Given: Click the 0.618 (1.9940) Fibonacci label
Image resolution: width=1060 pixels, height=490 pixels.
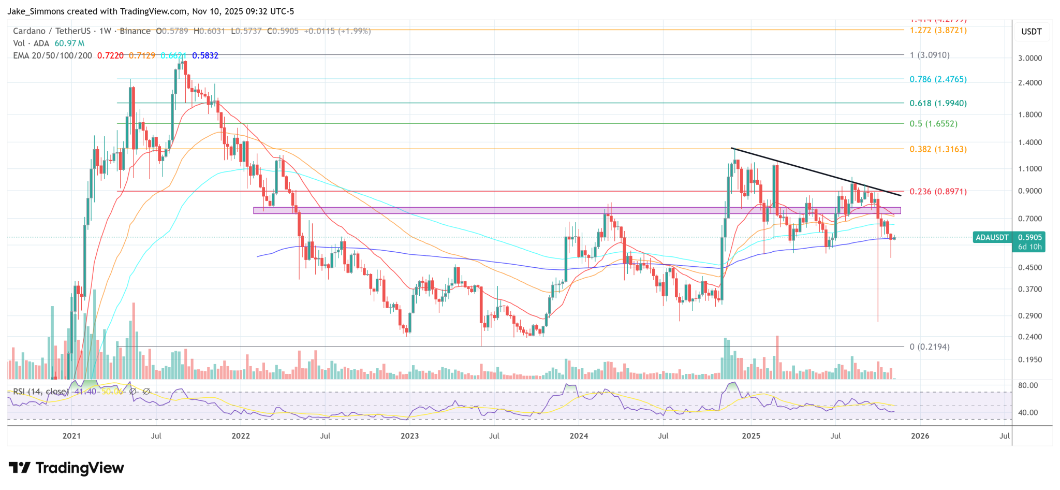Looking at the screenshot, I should click(938, 103).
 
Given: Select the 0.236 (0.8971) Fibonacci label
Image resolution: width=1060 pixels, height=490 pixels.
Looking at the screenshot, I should click(938, 192).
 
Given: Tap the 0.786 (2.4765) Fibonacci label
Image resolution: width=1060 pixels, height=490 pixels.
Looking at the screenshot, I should click(938, 79).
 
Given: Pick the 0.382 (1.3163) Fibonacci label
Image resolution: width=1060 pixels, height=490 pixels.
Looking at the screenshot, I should click(938, 149).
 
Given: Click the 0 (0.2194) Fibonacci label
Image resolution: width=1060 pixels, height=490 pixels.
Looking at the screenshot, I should click(929, 347).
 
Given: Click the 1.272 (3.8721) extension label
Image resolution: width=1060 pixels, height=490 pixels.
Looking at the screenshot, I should click(938, 30).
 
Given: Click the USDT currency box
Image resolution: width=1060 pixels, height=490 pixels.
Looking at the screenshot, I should click(1031, 32).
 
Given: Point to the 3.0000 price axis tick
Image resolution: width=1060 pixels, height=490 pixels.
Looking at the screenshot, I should click(1030, 58).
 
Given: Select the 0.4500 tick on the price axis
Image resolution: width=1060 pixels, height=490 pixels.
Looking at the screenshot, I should click(1030, 268).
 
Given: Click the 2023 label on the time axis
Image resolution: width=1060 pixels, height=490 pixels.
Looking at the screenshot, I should click(409, 436).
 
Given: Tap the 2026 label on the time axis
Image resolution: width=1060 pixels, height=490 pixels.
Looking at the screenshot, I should click(920, 436).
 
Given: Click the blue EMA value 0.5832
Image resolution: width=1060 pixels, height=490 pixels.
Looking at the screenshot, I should click(205, 55).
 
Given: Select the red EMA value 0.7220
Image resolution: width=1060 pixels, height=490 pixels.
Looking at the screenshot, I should click(111, 55).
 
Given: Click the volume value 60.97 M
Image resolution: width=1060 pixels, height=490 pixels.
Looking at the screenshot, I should click(69, 44).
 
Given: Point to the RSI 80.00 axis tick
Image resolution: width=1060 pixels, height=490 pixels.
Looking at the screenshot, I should click(1028, 385).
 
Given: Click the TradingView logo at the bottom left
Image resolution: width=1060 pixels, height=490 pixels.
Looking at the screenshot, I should click(66, 468).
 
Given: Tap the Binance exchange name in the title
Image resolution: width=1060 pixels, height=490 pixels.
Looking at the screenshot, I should click(135, 31).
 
